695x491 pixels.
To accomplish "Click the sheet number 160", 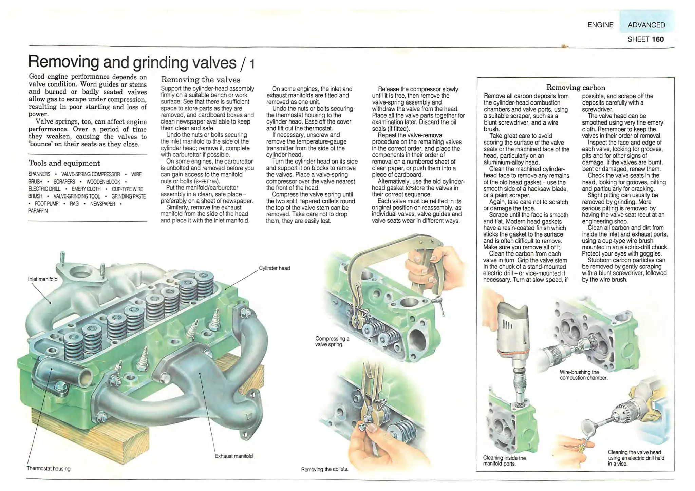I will pyautogui.click(x=657, y=39).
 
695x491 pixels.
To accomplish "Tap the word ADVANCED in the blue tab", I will pyautogui.click(x=646, y=25).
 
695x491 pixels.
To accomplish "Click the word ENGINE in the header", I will pyautogui.click(x=600, y=25).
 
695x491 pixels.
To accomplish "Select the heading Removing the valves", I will pyautogui.click(x=201, y=80).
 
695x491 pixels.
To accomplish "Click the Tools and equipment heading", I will pyautogui.click(x=64, y=163).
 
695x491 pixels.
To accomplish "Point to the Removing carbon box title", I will pyautogui.click(x=576, y=88).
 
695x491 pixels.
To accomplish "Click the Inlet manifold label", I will pyautogui.click(x=43, y=279).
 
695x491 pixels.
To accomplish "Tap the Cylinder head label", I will pyautogui.click(x=274, y=268).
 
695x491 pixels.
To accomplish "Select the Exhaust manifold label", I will pyautogui.click(x=234, y=456).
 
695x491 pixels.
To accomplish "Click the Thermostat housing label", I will pyautogui.click(x=49, y=469).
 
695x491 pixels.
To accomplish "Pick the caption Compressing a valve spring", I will pyautogui.click(x=332, y=341).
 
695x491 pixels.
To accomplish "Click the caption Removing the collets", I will pyautogui.click(x=324, y=469).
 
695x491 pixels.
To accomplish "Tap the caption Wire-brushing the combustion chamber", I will pyautogui.click(x=583, y=375).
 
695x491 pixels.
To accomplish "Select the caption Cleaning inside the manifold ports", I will pyautogui.click(x=504, y=461).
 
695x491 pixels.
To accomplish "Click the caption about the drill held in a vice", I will pyautogui.click(x=636, y=458).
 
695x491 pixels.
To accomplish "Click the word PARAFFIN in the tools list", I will pyautogui.click(x=38, y=211).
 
